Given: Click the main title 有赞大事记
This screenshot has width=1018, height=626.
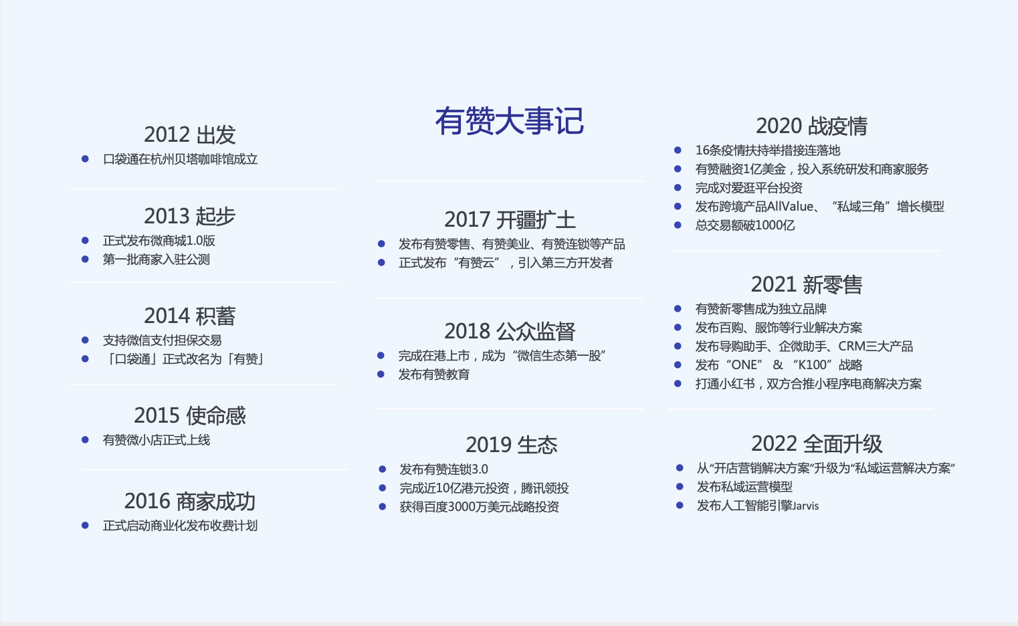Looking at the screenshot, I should (x=509, y=122).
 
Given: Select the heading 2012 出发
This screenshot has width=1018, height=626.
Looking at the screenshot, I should (x=190, y=134).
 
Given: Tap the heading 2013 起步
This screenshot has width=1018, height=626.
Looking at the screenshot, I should (x=190, y=216).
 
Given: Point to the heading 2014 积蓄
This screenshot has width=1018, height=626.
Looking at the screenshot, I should (x=190, y=316).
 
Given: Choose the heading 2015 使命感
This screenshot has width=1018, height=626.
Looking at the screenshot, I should (x=190, y=415).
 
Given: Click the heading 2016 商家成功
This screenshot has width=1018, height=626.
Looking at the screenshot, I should (x=190, y=501).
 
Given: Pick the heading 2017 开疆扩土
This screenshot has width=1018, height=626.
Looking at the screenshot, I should (x=510, y=219).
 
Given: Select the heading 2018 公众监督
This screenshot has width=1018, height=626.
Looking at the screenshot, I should (x=510, y=331).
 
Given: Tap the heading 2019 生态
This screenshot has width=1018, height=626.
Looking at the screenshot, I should (x=512, y=445).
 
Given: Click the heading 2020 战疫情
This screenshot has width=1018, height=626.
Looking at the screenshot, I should (x=811, y=126).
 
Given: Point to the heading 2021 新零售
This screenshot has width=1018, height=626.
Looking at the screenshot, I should (x=807, y=284).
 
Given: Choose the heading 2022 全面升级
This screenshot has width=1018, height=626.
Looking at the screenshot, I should (x=817, y=443).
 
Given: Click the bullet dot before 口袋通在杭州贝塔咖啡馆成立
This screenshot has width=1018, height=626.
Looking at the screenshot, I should (x=85, y=159).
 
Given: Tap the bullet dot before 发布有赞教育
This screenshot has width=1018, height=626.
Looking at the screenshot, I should (x=381, y=375).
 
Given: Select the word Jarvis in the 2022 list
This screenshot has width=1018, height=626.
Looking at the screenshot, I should (x=805, y=506).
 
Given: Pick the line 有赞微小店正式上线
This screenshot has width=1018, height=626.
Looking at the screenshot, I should (x=157, y=440).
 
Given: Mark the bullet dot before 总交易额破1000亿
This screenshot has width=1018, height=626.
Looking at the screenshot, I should (x=678, y=225).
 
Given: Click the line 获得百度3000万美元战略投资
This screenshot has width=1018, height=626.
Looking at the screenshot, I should (x=479, y=507).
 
